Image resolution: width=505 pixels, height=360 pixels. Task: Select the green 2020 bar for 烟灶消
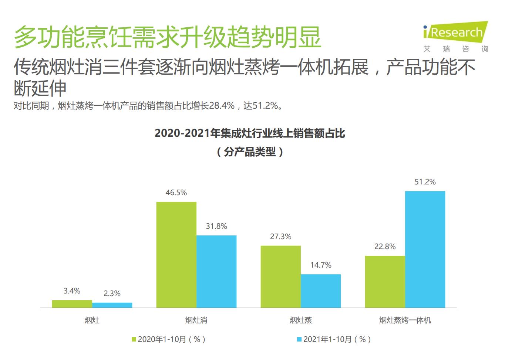tap(176, 255)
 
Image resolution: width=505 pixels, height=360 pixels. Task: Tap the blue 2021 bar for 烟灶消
tap(216, 271)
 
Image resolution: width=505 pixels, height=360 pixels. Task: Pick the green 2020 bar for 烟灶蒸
tap(280, 276)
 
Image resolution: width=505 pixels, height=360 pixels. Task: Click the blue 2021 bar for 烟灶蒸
tap(321, 291)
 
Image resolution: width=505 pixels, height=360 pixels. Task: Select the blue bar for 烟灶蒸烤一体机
tap(425, 249)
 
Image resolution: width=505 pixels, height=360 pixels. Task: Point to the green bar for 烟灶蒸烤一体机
tap(385, 282)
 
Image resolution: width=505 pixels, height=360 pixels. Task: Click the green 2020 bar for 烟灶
tap(72, 304)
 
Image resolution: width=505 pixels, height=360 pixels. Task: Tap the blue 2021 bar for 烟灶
tap(112, 305)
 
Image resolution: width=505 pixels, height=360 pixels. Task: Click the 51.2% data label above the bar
tap(425, 182)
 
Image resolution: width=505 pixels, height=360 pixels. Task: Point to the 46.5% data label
tap(176, 193)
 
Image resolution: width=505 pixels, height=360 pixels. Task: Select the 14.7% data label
tap(321, 265)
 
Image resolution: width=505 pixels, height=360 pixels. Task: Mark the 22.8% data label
tap(385, 247)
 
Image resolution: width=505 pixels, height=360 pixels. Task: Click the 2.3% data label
tap(112, 293)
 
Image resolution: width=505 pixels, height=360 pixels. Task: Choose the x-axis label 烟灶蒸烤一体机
tap(405, 320)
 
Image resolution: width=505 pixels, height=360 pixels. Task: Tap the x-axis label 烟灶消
tap(196, 320)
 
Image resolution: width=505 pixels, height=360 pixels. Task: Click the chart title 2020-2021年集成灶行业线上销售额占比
tap(250, 133)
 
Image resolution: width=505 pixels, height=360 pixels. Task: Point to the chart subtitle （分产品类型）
tap(250, 152)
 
